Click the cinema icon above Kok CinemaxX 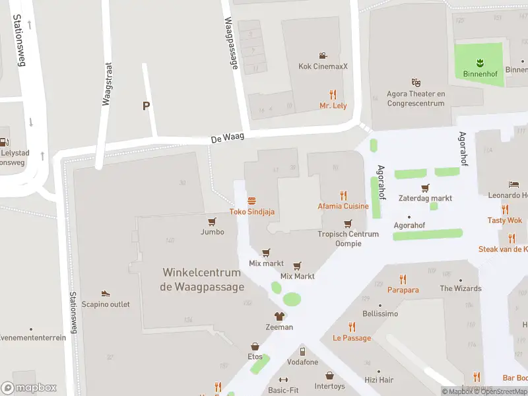point(323,55)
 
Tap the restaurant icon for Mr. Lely point(333,94)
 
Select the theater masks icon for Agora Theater point(416,82)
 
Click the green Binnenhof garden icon point(479,63)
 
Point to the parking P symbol point(146,106)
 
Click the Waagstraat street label point(106,84)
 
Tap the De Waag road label point(228,138)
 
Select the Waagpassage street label point(231,44)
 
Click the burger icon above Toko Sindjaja point(251,201)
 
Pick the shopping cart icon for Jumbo point(212,222)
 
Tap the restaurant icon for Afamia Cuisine point(343,195)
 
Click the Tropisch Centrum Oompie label point(348,239)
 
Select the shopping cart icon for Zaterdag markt point(425,187)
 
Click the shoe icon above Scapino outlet point(106,293)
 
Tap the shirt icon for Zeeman point(279,316)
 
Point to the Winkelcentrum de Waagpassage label point(202,279)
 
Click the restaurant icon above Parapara point(403,279)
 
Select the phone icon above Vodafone point(302,351)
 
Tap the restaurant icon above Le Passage point(352,327)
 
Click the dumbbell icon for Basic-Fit point(284,379)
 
